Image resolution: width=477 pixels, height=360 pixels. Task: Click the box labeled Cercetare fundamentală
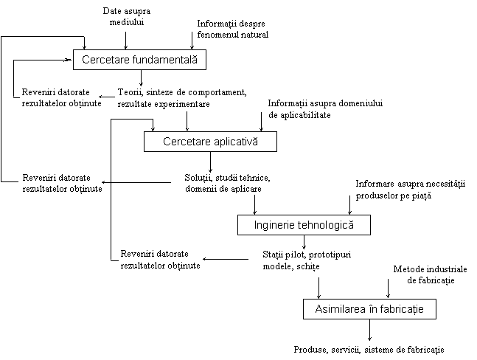pyautogui.click(x=139, y=60)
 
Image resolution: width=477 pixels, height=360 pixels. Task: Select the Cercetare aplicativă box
pyautogui.click(x=210, y=142)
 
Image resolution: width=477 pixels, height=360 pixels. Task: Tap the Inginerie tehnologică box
pyautogui.click(x=304, y=225)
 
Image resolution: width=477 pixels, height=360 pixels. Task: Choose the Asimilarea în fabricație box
pyautogui.click(x=369, y=309)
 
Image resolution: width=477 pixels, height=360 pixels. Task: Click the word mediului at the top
pyautogui.click(x=127, y=22)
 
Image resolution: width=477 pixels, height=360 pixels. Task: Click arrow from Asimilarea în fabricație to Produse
pyautogui.click(x=369, y=330)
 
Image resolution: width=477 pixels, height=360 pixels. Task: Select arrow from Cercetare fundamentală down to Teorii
pyautogui.click(x=141, y=78)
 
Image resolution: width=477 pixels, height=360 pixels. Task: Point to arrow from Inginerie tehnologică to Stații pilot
pyautogui.click(x=304, y=242)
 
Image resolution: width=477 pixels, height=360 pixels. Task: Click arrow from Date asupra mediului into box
pyautogui.click(x=125, y=41)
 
